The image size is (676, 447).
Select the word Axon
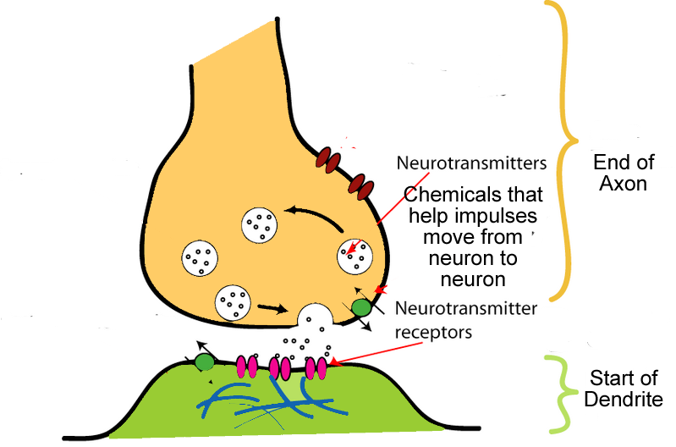pos(620,183)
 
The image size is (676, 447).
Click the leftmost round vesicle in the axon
pos(198,258)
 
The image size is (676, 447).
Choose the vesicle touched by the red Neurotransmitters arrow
pos(354,256)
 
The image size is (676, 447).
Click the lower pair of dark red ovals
pos(361,184)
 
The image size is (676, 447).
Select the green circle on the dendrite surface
pos(204,362)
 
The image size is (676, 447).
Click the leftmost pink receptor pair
pos(248,367)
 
